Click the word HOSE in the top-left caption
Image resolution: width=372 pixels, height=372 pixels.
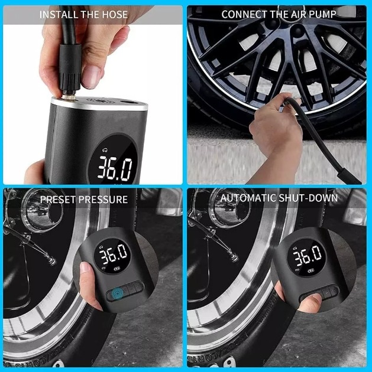coord(115,15)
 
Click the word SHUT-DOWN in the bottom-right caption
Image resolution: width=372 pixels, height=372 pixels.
coord(308,198)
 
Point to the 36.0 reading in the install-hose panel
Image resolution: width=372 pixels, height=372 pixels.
coord(115,168)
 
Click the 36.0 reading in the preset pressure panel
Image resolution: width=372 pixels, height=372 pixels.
coord(114,254)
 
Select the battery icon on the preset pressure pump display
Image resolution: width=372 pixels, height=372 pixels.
coord(117,269)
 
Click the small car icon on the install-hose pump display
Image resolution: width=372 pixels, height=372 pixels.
coord(105,150)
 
